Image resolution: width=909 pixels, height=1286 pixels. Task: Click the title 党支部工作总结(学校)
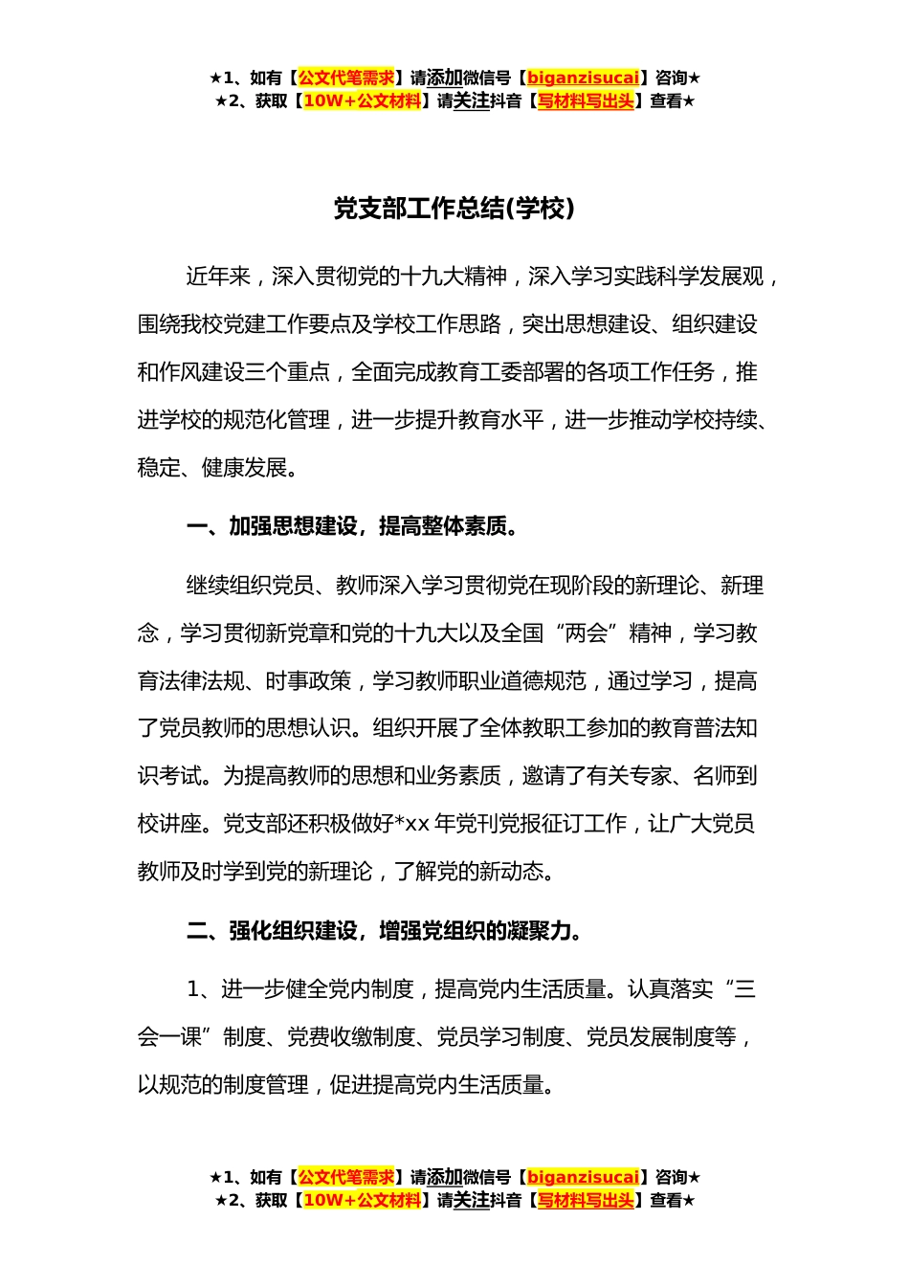pos(454,209)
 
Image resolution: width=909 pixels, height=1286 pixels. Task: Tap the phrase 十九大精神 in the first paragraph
pos(454,277)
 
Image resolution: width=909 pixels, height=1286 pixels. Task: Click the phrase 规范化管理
pos(277,420)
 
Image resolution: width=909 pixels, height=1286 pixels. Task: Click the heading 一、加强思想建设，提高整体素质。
pos(353,526)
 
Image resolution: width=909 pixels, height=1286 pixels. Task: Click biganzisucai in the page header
pos(583,78)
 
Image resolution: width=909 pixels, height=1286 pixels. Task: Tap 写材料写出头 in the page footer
pos(586,1200)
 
